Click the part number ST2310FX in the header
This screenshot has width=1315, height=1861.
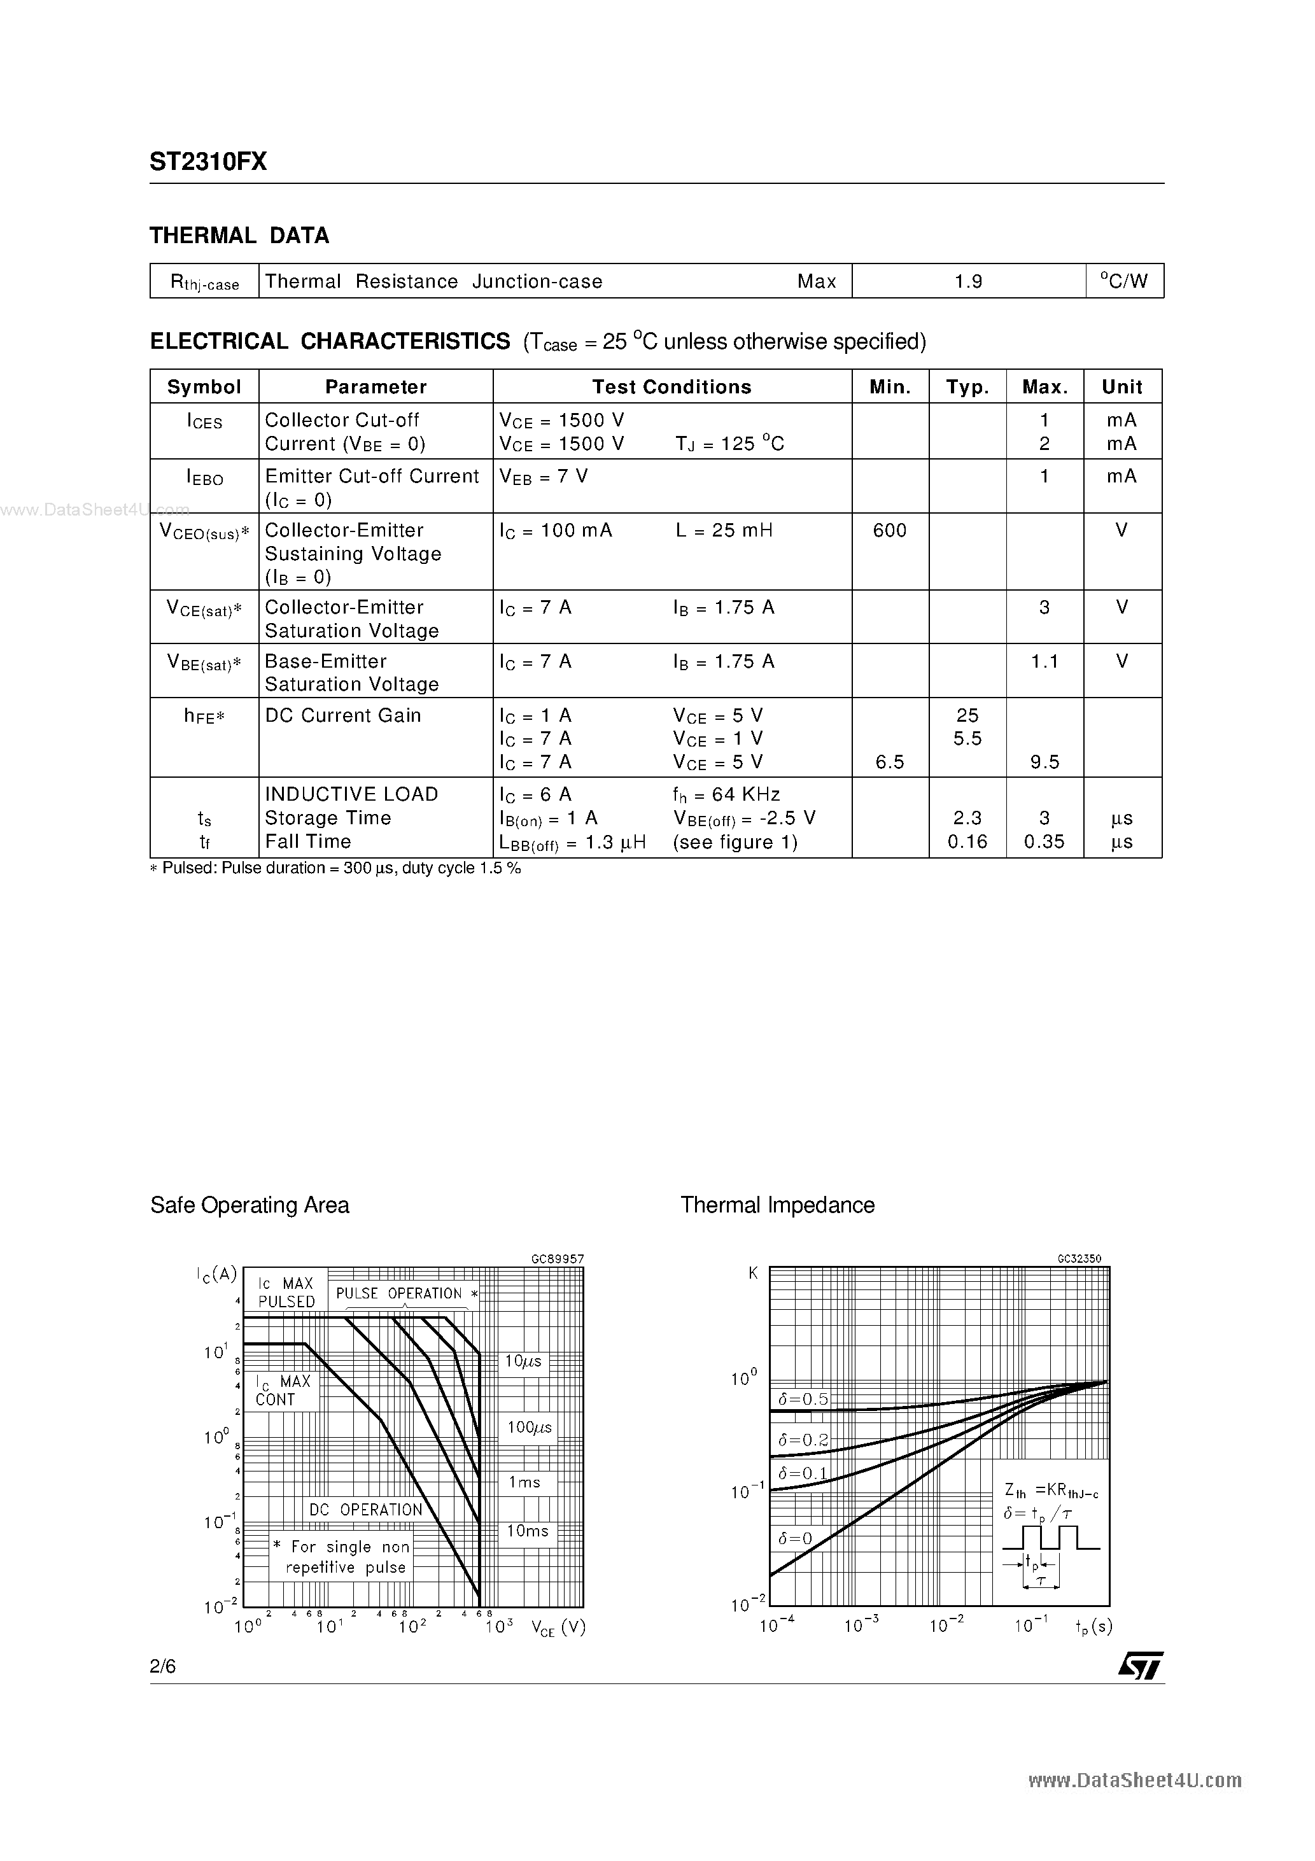(207, 162)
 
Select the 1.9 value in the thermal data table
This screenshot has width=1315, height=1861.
(967, 281)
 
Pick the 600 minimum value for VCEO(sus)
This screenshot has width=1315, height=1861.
(889, 530)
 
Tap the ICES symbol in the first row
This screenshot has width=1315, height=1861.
(204, 421)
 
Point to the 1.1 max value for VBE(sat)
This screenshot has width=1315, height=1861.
(1044, 661)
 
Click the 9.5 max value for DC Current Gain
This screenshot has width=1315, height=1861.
(1044, 762)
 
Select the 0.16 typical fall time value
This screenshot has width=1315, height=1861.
(967, 841)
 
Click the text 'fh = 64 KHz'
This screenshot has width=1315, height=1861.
(726, 794)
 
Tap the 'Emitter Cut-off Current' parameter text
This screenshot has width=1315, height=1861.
(371, 476)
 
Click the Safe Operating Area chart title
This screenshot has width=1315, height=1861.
(250, 1205)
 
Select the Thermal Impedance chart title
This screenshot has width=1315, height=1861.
(777, 1205)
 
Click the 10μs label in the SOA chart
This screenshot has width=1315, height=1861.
(523, 1362)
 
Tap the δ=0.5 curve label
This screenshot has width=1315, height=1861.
(803, 1399)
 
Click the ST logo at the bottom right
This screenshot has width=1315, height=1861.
(1141, 1666)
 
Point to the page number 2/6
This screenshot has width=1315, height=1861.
(163, 1666)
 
